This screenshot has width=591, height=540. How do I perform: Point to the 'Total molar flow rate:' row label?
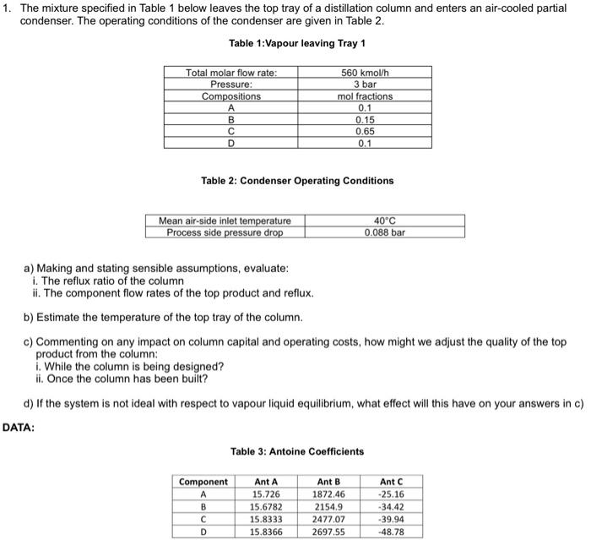click(x=231, y=74)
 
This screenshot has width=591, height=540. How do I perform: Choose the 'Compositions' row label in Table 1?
click(x=231, y=96)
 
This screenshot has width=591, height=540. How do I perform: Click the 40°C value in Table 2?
click(x=385, y=221)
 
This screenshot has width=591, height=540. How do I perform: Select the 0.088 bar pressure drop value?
click(x=385, y=232)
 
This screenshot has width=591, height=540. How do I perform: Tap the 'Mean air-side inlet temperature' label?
click(x=225, y=221)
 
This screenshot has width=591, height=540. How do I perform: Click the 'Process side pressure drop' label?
click(x=225, y=232)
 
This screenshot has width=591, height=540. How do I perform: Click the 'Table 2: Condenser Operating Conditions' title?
click(x=297, y=181)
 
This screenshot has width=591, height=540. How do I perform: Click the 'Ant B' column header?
click(x=328, y=481)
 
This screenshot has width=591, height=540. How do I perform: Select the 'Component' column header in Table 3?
click(x=203, y=481)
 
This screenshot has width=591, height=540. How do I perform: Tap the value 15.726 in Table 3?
click(x=266, y=493)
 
